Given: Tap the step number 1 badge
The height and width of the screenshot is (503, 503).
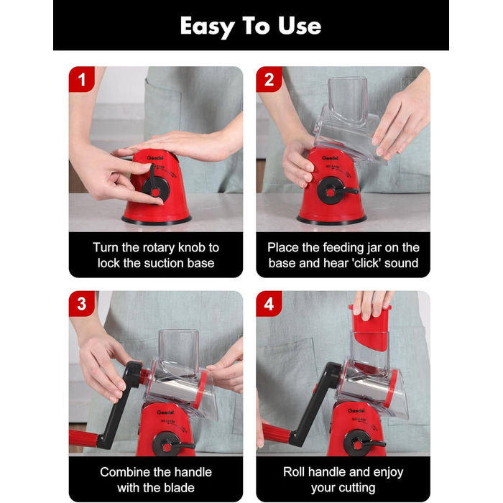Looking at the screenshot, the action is [x=82, y=79].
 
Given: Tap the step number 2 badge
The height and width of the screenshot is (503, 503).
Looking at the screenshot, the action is [x=269, y=79].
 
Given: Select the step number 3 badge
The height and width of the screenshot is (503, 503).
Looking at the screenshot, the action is [x=82, y=304].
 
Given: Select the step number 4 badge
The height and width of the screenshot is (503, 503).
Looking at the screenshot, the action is [x=269, y=304].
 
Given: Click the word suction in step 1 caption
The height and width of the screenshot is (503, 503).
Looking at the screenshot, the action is [x=164, y=264].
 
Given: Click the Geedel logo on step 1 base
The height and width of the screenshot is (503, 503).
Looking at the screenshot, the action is [x=155, y=158].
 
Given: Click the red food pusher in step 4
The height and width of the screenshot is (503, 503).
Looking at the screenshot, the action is [x=369, y=324].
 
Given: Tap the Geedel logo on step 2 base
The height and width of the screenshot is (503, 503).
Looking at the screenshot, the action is [x=330, y=158].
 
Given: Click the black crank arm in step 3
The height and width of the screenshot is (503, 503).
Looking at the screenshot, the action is [x=120, y=405].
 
